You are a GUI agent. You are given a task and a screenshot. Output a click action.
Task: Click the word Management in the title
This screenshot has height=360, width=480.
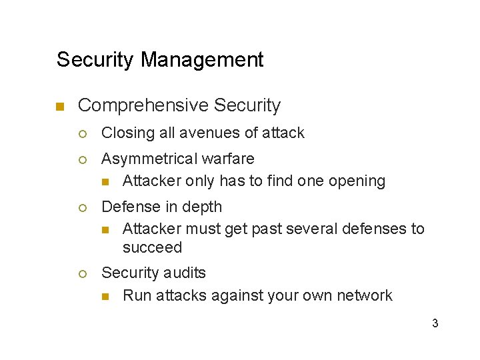[x=202, y=60]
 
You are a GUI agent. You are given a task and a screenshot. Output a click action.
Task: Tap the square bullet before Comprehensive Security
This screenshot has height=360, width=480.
[x=59, y=107]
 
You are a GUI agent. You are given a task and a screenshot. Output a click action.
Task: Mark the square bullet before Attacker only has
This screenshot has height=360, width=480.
[x=105, y=181]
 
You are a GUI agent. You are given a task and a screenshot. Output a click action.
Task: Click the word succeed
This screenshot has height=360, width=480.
[x=152, y=247]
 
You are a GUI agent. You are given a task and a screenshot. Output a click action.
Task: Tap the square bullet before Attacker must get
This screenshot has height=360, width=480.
[x=105, y=230]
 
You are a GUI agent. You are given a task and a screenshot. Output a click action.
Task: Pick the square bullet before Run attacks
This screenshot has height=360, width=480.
[x=105, y=296]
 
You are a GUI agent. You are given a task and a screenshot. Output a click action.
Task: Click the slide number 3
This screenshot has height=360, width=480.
[x=435, y=324]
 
